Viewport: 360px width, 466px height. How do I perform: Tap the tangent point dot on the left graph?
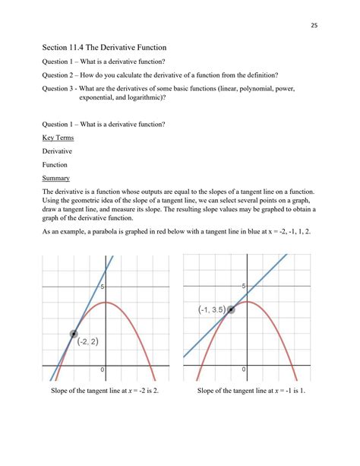point(74,334)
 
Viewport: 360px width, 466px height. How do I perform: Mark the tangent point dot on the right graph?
point(231,309)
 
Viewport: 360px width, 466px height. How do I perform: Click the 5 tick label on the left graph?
point(102,286)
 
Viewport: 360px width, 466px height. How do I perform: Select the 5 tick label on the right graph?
point(243,286)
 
